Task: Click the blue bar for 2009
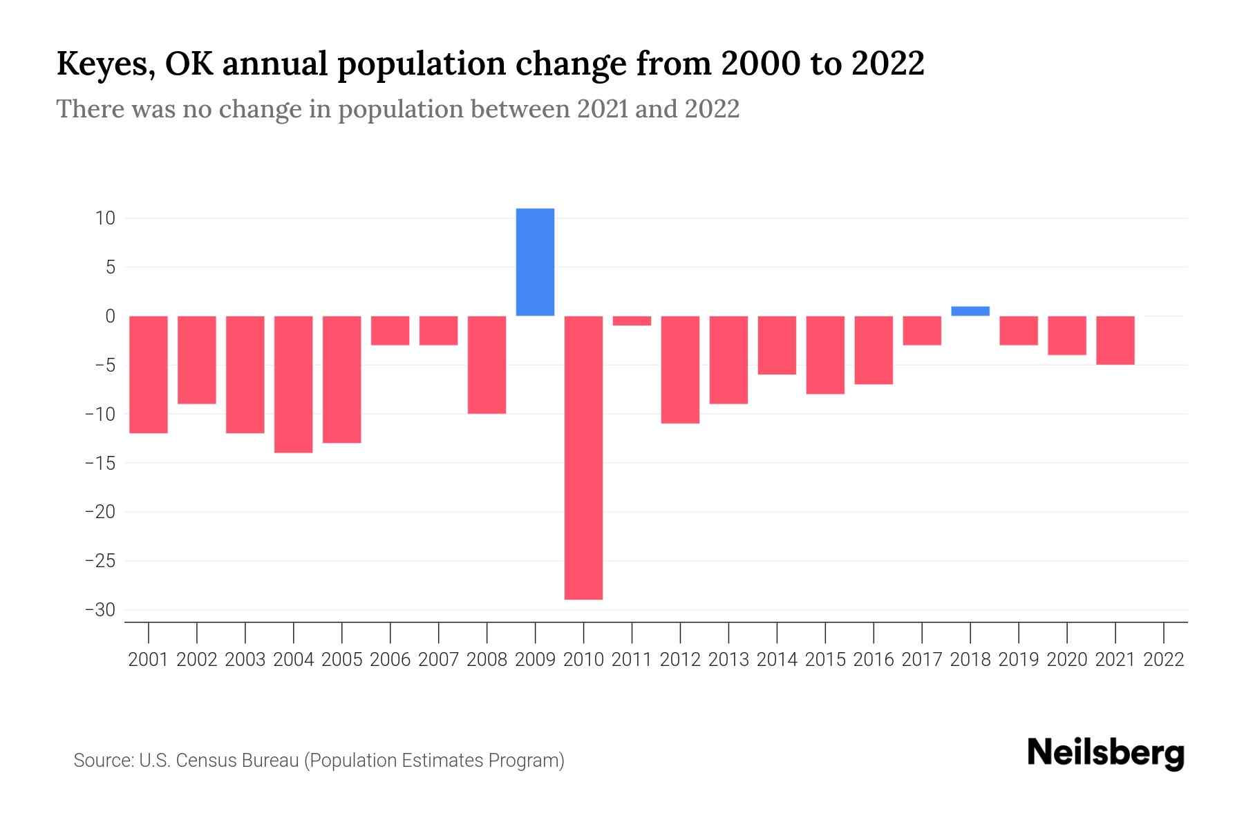point(535,262)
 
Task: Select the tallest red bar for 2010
point(583,457)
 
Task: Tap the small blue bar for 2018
point(970,311)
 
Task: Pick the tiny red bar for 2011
point(632,321)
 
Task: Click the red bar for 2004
point(294,384)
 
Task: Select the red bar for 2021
point(1115,340)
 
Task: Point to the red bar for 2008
point(487,365)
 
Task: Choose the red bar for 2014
point(777,345)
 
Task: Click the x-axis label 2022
point(1164,660)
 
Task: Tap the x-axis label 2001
point(149,660)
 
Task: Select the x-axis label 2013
point(728,660)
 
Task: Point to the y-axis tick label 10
point(105,218)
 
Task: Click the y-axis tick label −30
point(100,610)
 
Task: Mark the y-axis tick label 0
point(110,316)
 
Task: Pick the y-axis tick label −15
point(100,463)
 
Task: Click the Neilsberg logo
point(1106,754)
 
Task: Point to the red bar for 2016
point(874,350)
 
